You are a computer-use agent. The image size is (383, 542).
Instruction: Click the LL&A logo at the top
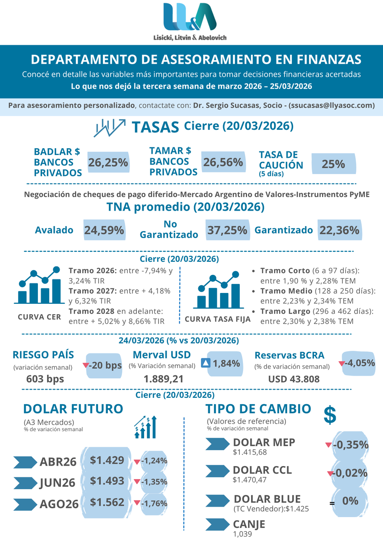tap(190, 18)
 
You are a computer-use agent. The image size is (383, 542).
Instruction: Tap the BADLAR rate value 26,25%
tap(108, 163)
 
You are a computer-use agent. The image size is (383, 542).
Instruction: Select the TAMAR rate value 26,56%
tap(223, 162)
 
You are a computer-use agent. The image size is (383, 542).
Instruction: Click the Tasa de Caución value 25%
tap(333, 164)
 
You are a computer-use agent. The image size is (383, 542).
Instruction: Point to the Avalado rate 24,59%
tap(104, 230)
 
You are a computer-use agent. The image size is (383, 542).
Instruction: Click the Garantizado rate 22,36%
tap(339, 230)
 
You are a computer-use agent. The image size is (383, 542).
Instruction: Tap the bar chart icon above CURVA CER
tap(39, 286)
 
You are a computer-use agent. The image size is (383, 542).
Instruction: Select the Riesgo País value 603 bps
tap(45, 379)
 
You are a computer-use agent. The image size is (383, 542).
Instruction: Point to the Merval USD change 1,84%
tap(226, 363)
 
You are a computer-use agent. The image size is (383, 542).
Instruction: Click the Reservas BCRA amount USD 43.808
tap(294, 379)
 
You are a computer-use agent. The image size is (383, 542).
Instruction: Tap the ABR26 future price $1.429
tap(107, 461)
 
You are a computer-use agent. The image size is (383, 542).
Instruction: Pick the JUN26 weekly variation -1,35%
tap(154, 481)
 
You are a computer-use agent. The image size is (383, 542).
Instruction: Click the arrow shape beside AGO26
tap(26, 504)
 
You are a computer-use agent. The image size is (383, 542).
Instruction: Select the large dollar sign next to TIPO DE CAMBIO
tap(330, 415)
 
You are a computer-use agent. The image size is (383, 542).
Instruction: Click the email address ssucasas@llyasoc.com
tap(332, 105)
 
